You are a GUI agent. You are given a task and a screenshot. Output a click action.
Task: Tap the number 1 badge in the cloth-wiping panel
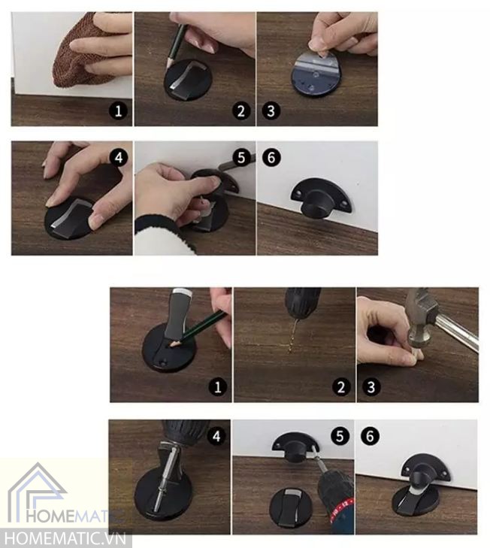[118, 111]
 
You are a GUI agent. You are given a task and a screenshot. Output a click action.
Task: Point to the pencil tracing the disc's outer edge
[175, 46]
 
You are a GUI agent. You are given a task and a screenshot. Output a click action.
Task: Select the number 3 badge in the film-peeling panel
[271, 111]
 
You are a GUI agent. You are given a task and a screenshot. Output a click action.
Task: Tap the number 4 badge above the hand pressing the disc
[119, 157]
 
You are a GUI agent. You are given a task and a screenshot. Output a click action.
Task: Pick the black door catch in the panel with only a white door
[321, 198]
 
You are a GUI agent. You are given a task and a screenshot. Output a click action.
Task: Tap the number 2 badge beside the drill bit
[341, 387]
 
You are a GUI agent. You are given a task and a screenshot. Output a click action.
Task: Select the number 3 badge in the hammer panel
[371, 387]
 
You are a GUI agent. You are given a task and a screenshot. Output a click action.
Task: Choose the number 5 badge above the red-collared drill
[340, 436]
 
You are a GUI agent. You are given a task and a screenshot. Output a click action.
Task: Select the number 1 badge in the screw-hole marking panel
[217, 387]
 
